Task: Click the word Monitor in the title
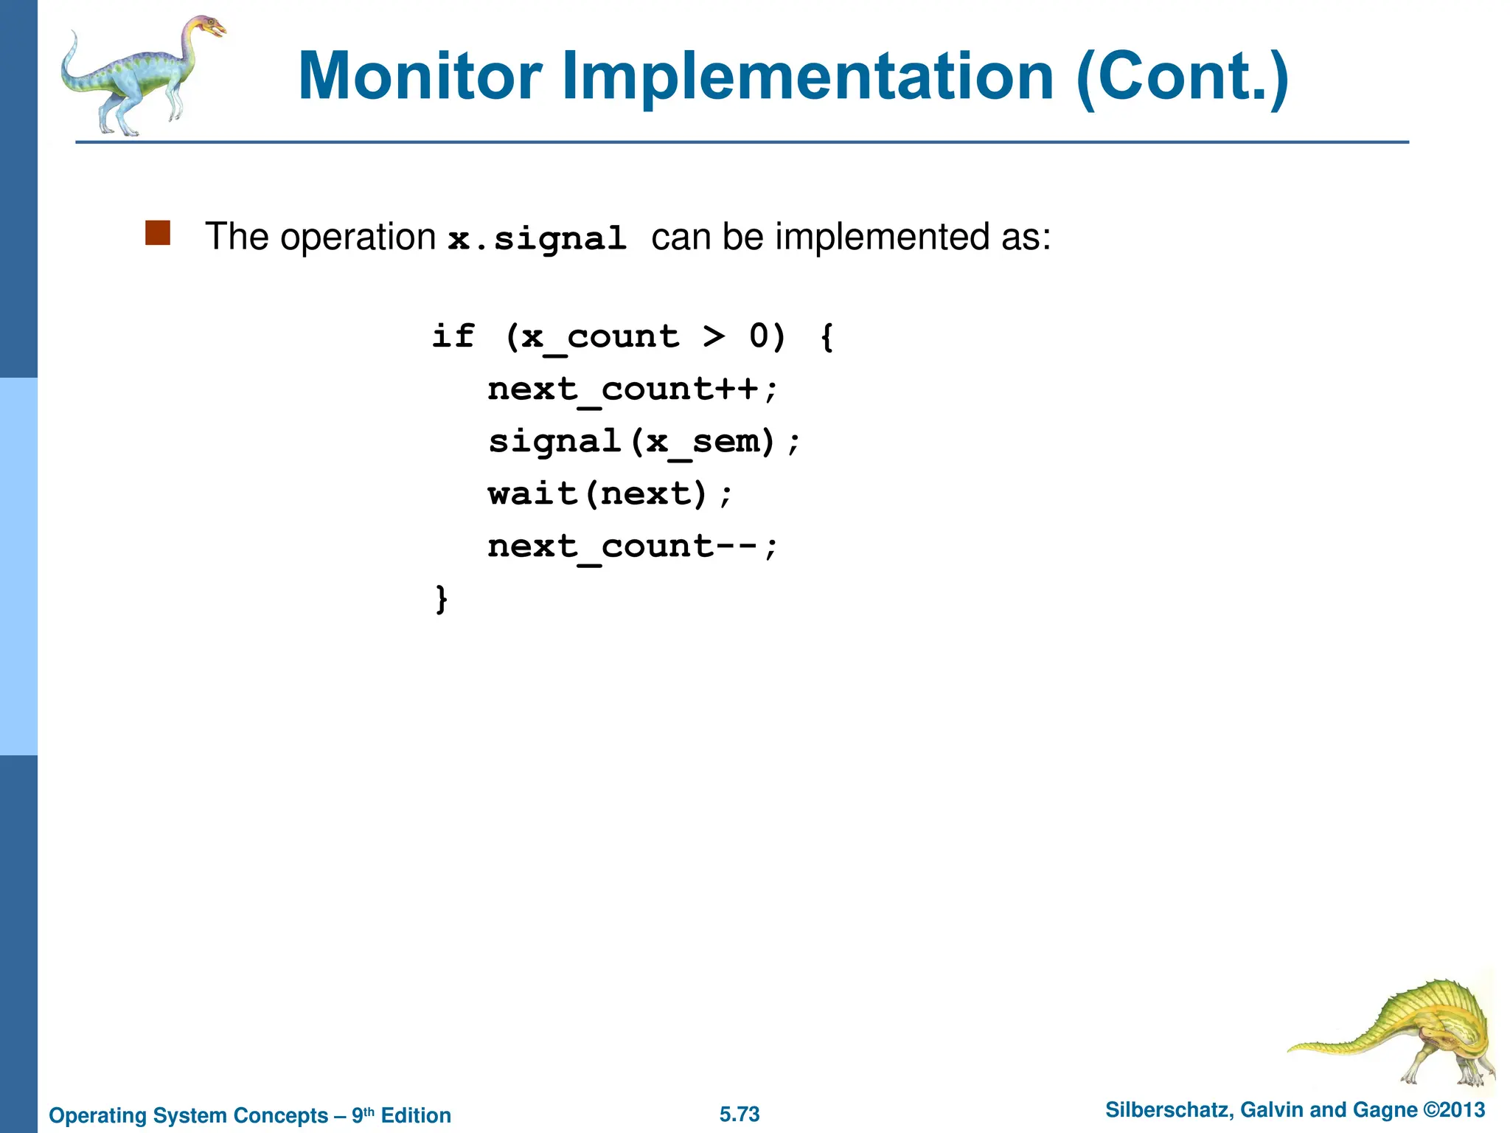[420, 77]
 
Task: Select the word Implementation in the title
[808, 77]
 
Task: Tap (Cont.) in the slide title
[1183, 77]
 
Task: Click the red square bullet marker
[158, 233]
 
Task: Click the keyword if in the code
[453, 336]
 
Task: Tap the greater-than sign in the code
[713, 336]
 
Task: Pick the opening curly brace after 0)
[827, 337]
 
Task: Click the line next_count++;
[632, 389]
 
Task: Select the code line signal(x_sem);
[644, 442]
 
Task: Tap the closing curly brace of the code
[441, 599]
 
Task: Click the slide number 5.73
[740, 1114]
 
